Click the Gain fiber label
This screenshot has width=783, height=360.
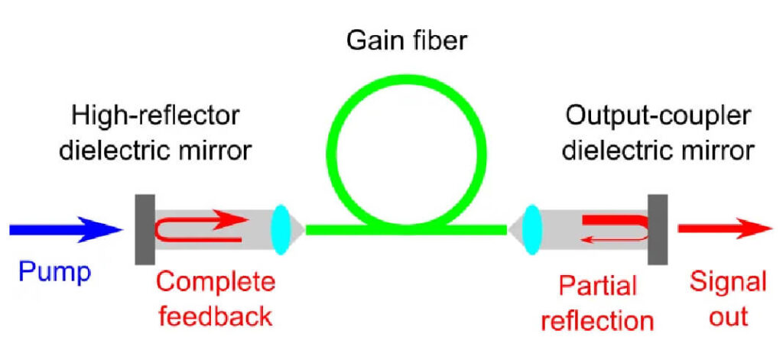tap(406, 37)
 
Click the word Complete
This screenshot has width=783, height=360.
tap(215, 283)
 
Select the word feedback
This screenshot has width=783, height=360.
tap(215, 314)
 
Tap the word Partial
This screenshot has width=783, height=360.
tap(597, 286)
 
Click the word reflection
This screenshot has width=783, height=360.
tap(597, 319)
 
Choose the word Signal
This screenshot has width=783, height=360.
tap(727, 282)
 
